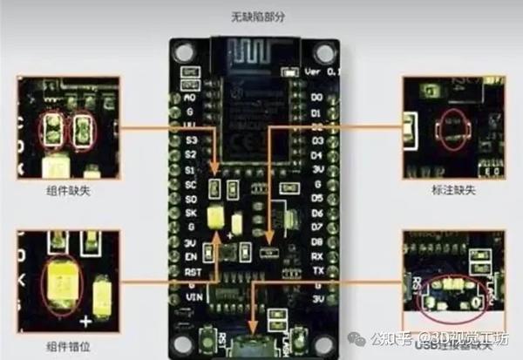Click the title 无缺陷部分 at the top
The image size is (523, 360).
coord(259,16)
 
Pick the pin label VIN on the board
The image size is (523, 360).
coord(193,297)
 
